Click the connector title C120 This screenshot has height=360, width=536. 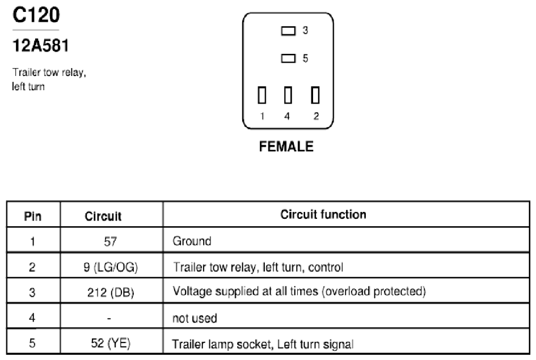(36, 15)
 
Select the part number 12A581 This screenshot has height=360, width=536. (41, 45)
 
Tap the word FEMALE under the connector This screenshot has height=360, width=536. (286, 146)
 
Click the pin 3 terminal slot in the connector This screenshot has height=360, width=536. (288, 31)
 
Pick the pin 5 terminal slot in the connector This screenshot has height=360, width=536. (288, 58)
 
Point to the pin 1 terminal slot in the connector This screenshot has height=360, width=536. (262, 95)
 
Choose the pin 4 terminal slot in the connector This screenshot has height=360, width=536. (288, 95)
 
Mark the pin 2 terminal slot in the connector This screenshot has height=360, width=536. (315, 95)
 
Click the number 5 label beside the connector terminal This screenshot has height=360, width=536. (305, 58)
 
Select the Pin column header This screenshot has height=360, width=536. (33, 216)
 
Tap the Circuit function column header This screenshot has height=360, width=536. (323, 214)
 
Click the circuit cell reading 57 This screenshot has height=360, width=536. (110, 242)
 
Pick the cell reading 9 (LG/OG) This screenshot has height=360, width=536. (111, 267)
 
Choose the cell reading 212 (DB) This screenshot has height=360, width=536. (111, 293)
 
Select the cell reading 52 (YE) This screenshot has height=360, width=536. (111, 343)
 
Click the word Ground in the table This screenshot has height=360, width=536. (192, 241)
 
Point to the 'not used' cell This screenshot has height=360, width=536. (195, 318)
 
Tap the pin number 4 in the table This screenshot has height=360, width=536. (32, 317)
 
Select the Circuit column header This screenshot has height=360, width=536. (103, 216)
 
